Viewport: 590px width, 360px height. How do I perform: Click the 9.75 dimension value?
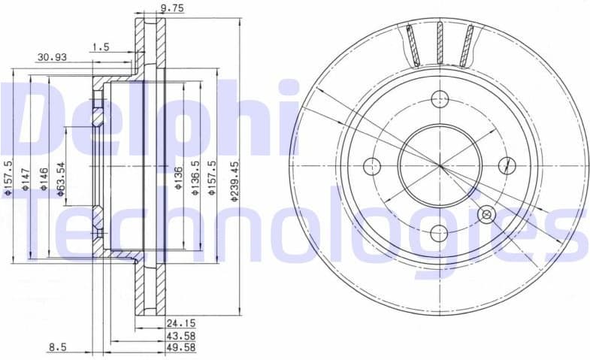172,9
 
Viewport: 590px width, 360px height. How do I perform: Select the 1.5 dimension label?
99,47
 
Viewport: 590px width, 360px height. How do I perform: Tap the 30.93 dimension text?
50,57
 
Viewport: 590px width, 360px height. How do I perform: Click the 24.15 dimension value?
176,324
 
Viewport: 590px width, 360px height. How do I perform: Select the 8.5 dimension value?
57,346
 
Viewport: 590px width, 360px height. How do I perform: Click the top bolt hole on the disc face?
440,98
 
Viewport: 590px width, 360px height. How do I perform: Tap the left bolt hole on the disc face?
371,166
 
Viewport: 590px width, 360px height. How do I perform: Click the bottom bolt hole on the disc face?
440,233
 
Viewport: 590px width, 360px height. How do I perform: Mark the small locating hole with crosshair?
486,215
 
